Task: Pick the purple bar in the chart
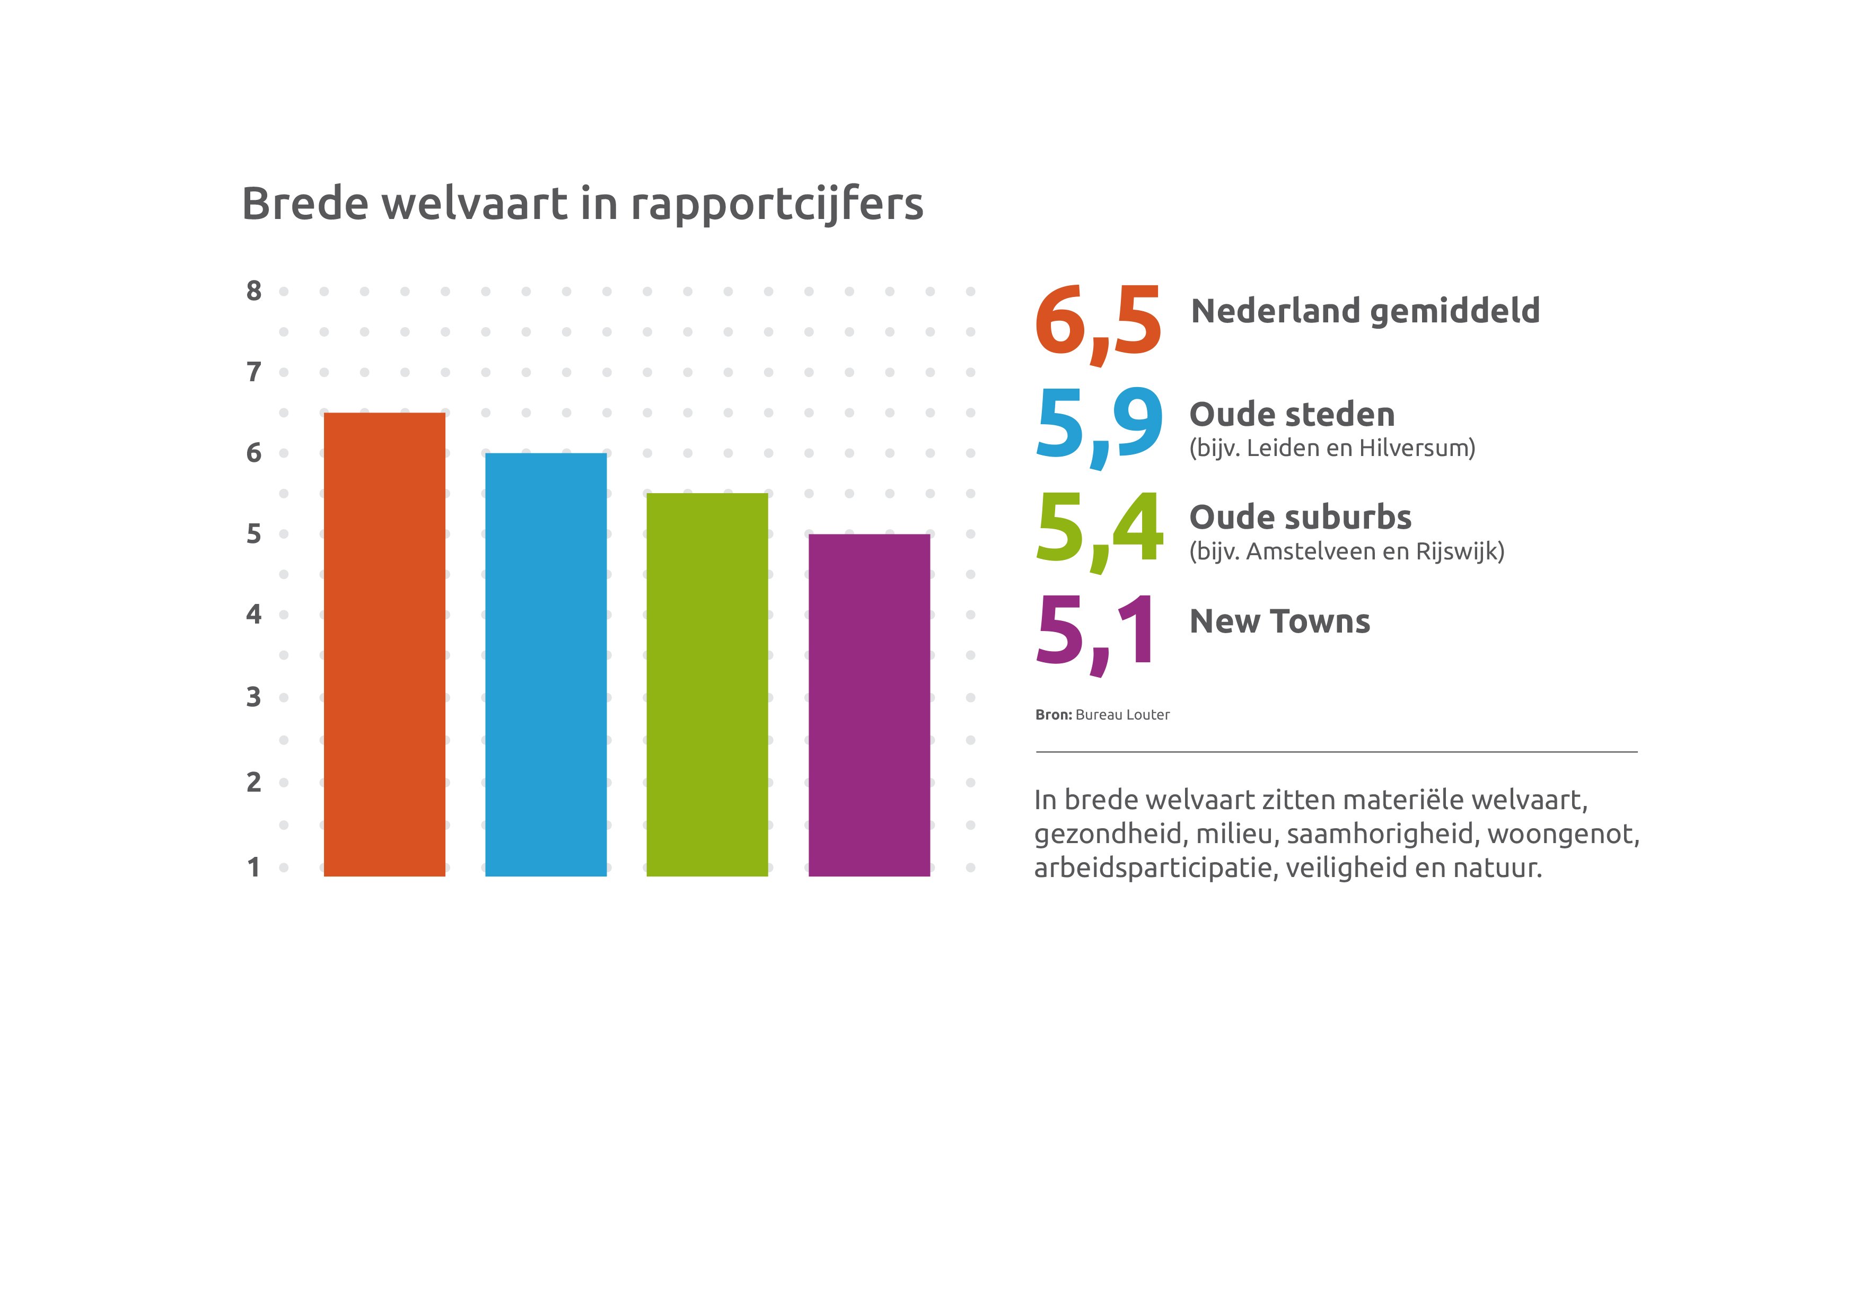click(x=868, y=705)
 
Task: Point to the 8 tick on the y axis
click(x=253, y=291)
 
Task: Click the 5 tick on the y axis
click(x=253, y=534)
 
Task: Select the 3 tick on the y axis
click(x=253, y=697)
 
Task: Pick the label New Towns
click(x=1279, y=621)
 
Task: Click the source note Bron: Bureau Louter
click(x=1102, y=715)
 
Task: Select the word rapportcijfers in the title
click(x=776, y=204)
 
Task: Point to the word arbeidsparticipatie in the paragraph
click(x=1155, y=869)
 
